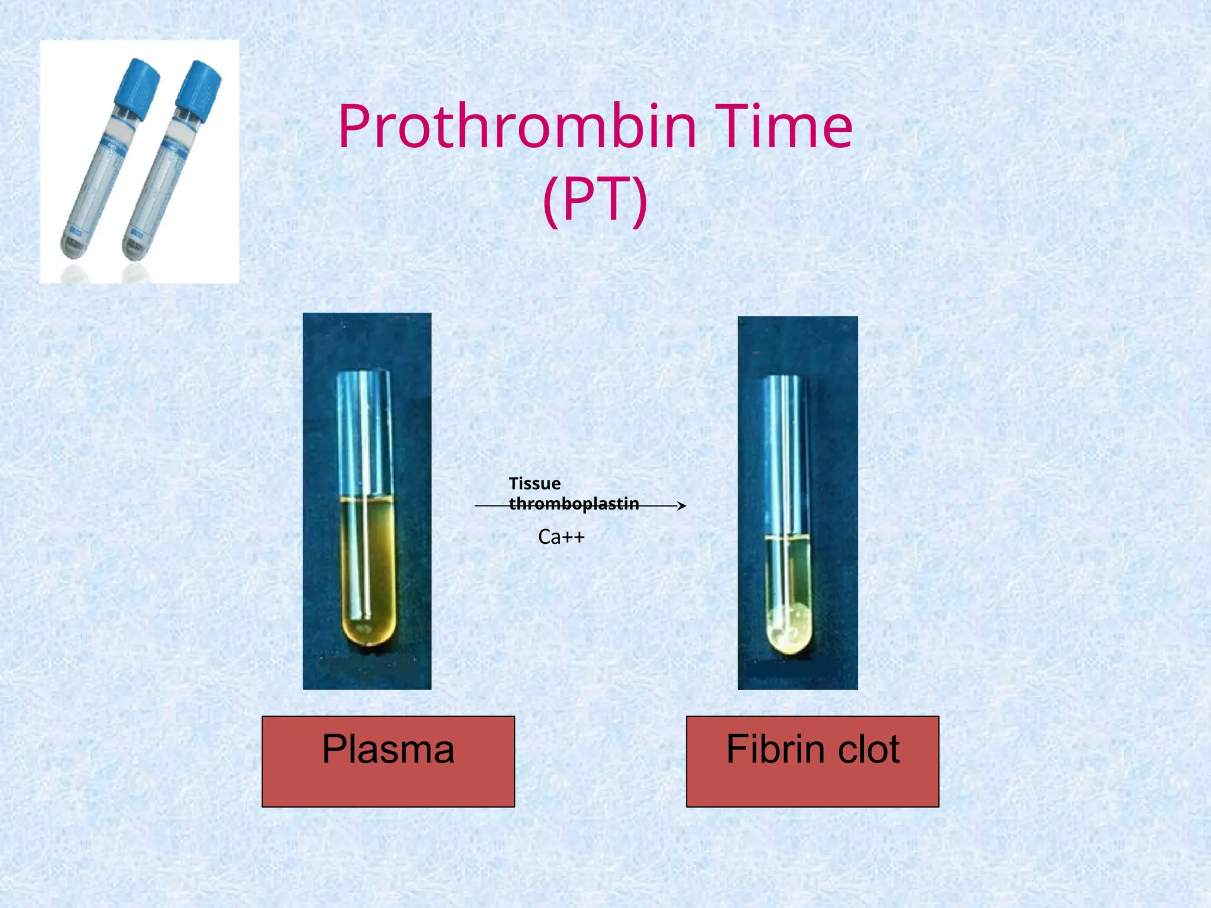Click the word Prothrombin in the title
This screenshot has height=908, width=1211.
pyautogui.click(x=517, y=127)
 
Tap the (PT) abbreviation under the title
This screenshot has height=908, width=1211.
pyautogui.click(x=595, y=200)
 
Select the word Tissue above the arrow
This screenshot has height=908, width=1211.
pyautogui.click(x=535, y=484)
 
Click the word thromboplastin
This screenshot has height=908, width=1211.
pyautogui.click(x=574, y=504)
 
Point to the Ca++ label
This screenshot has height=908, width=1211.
pyautogui.click(x=561, y=537)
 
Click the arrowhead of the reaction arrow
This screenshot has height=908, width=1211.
pyautogui.click(x=682, y=505)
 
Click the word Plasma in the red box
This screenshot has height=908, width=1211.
pyautogui.click(x=388, y=749)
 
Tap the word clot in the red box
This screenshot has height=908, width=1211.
pyautogui.click(x=869, y=749)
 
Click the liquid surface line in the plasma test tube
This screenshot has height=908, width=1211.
pyautogui.click(x=367, y=500)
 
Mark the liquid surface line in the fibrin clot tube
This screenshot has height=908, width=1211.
pyautogui.click(x=787, y=538)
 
